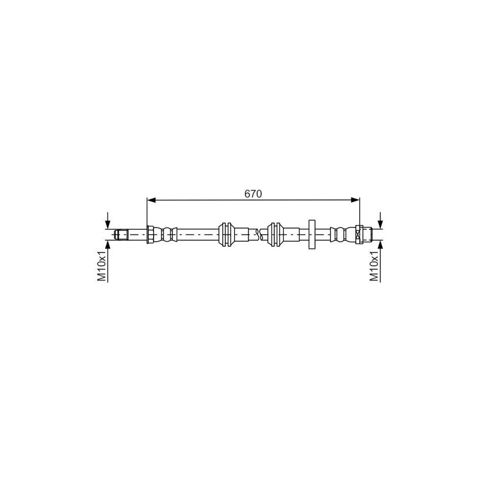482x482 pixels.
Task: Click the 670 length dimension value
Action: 253,194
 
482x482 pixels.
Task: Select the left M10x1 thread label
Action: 101,266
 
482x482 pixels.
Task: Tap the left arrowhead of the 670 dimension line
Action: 151,200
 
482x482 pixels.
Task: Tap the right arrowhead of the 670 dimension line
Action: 355,200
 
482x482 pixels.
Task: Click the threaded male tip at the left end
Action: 120,234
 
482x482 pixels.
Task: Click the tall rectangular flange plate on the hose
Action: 312,234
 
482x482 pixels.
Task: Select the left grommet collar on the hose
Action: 227,234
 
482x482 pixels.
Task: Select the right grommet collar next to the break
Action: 274,234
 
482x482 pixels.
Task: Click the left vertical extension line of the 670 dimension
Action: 147,212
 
